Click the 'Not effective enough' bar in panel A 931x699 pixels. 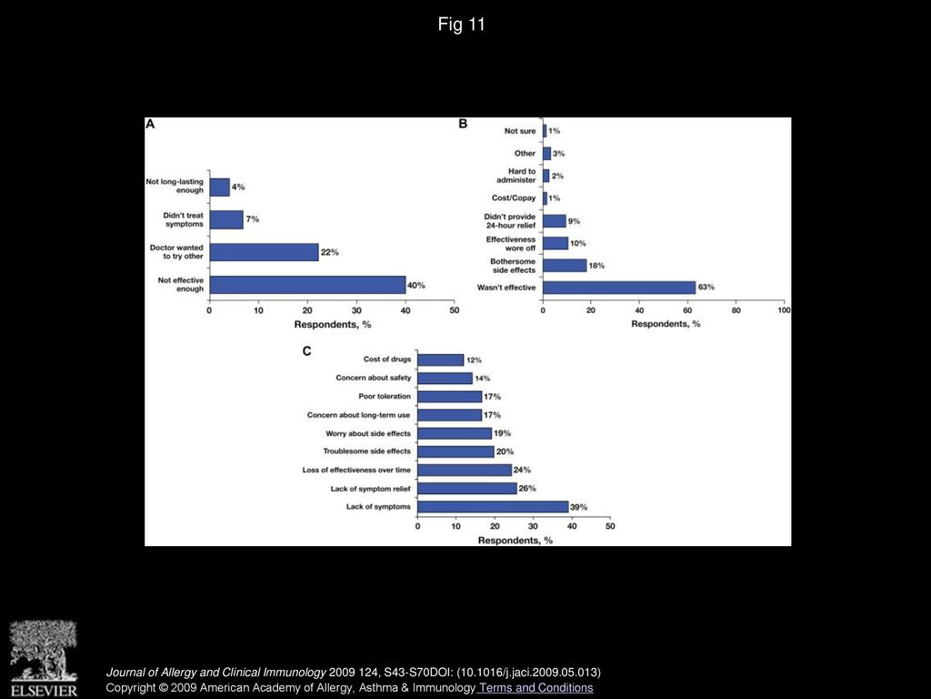(x=307, y=285)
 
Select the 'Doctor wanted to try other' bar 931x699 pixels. (x=265, y=252)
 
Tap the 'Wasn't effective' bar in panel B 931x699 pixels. (x=619, y=288)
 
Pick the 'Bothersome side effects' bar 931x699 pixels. (x=565, y=265)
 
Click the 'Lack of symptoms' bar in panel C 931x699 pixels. (x=493, y=507)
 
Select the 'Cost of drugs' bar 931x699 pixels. (x=441, y=360)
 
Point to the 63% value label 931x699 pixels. (x=706, y=287)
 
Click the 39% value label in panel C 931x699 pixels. (x=579, y=507)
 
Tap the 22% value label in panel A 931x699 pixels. (x=329, y=252)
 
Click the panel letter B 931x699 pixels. (x=463, y=124)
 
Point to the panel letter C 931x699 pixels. (x=307, y=351)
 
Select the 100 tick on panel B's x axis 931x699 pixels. (x=784, y=310)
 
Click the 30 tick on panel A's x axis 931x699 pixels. (x=356, y=310)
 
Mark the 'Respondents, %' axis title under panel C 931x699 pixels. (x=515, y=541)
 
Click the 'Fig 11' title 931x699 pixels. (x=461, y=25)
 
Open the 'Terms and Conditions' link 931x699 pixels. (x=536, y=688)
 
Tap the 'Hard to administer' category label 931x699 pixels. (x=516, y=176)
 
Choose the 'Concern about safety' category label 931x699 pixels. (x=374, y=378)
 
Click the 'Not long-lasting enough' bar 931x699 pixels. (x=220, y=187)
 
